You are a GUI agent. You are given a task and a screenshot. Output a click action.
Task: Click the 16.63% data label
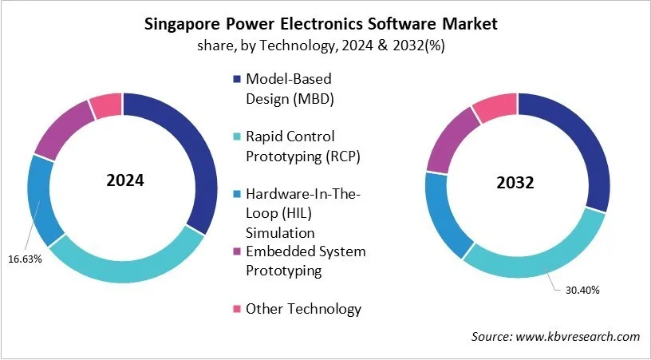pyautogui.click(x=24, y=259)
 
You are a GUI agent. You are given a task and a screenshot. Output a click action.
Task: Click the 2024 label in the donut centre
pyautogui.click(x=124, y=180)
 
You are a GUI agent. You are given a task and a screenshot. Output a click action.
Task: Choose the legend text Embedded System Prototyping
pyautogui.click(x=306, y=261)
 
